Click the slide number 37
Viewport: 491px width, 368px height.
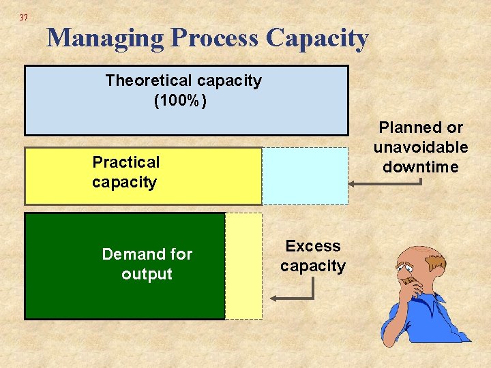pos(24,17)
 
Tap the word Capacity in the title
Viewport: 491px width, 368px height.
pos(318,37)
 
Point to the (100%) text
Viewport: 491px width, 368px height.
pos(181,101)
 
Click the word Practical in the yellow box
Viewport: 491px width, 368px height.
pos(125,162)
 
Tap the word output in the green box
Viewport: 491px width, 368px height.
pos(147,274)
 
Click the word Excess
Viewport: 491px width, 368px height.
pos(313,246)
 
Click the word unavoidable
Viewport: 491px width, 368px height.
pos(420,147)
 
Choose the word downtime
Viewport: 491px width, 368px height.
pos(420,167)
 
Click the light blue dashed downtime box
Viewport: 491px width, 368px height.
pos(305,176)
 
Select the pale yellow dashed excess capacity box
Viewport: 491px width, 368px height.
pos(243,266)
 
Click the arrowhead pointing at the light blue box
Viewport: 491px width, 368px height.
pos(353,183)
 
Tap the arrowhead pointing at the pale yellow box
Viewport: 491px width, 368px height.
pos(273,298)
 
